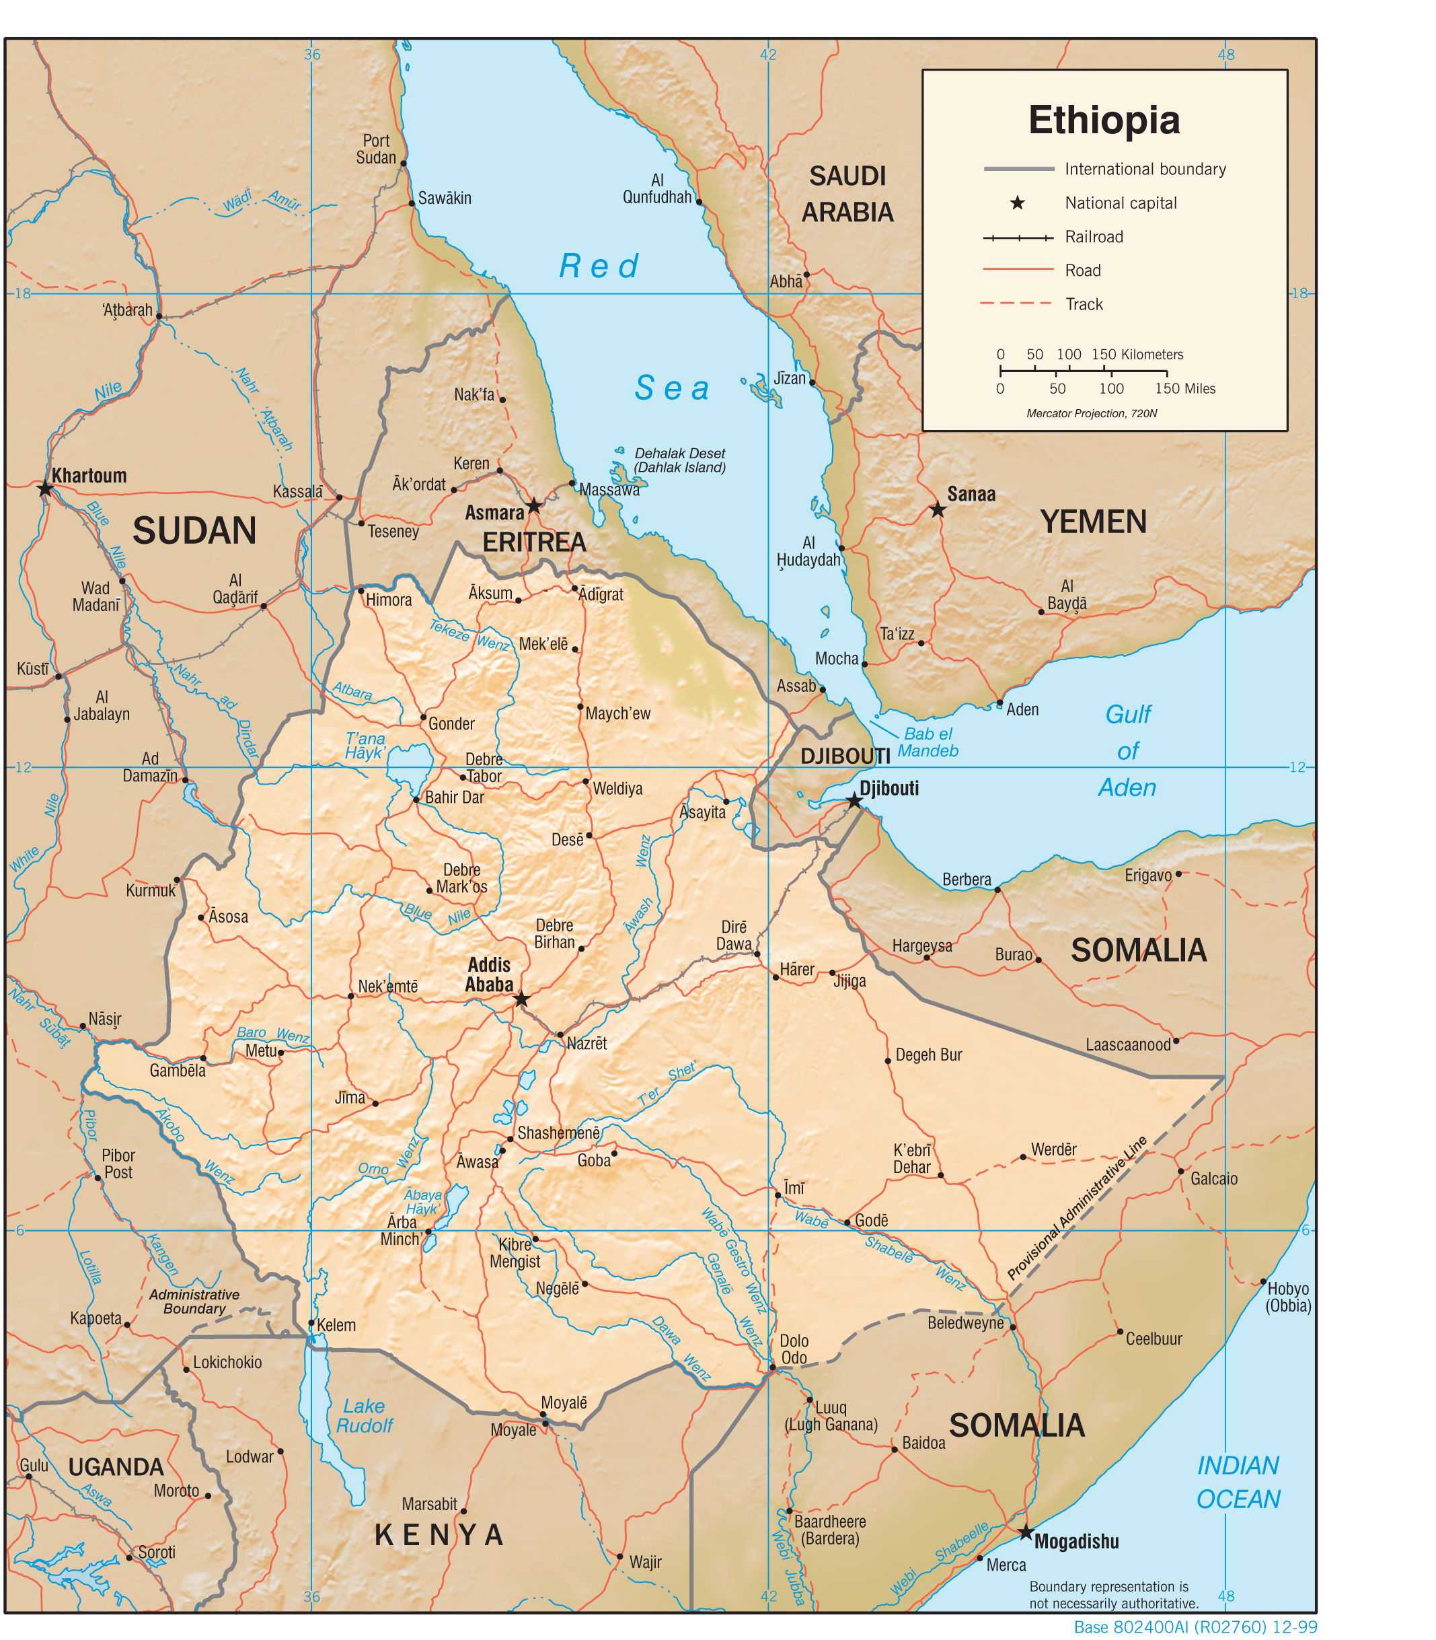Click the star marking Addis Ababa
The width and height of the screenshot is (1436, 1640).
pos(522,999)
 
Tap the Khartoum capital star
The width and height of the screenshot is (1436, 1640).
pos(45,488)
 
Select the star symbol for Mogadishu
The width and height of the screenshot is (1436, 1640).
pos(1026,1532)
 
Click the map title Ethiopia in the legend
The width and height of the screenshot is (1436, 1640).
pos(1104,120)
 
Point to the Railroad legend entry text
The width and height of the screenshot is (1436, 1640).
pos(1093,236)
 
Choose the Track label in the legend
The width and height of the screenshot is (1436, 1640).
pos(1084,304)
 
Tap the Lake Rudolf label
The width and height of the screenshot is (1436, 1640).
pos(365,1415)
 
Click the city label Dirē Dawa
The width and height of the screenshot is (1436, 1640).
pos(734,935)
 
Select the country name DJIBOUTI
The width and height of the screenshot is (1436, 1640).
pos(845,756)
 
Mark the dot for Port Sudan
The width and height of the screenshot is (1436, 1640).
pos(403,164)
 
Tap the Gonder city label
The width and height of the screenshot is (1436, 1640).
pos(451,724)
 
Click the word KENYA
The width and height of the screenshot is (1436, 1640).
pos(439,1535)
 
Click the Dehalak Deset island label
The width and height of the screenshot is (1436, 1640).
pos(679,460)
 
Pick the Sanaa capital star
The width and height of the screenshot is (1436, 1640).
pos(937,510)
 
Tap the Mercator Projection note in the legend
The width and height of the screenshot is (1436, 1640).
pos(1092,414)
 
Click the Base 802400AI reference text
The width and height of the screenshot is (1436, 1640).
pos(1195,1627)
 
